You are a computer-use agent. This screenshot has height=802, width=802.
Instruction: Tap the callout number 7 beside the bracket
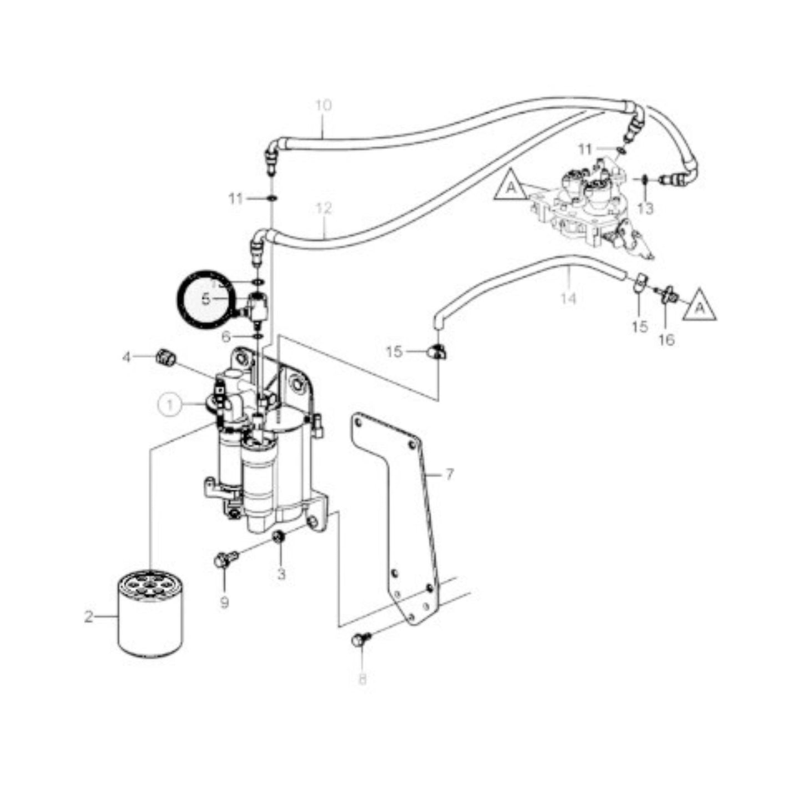pos(450,475)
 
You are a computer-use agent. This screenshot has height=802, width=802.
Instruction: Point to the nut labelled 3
pos(280,536)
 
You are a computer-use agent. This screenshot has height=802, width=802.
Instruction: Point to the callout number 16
pos(667,339)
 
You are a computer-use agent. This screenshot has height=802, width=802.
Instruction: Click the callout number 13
pos(645,209)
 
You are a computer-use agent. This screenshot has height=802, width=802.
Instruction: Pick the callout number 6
pos(225,337)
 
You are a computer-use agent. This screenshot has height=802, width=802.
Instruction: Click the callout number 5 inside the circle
pos(206,300)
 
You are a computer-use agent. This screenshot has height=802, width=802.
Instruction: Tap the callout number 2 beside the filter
pos(89,617)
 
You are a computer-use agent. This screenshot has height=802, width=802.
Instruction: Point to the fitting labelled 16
pos(667,293)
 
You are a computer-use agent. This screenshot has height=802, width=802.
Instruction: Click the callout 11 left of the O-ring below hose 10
pos(236,198)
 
